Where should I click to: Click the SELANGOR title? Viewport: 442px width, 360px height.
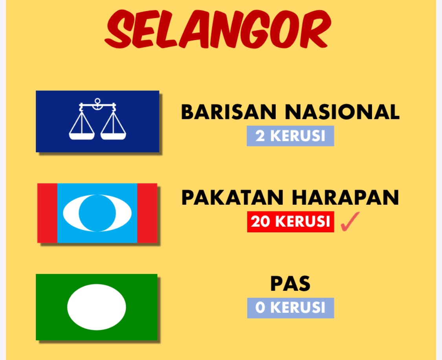pos(218,29)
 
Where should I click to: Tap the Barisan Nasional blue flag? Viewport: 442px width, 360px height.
pos(97,121)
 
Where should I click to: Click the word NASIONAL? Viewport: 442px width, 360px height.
pos(342,112)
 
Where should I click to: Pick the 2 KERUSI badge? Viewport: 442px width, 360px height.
pos(290,136)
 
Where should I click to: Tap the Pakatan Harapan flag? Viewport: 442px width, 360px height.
pos(97,213)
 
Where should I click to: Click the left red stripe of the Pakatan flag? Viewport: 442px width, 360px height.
pos(48,213)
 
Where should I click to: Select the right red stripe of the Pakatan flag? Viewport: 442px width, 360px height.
pos(147,213)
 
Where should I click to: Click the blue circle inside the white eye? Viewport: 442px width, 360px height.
pos(97,213)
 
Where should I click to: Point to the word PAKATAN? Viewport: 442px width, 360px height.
pos(233,198)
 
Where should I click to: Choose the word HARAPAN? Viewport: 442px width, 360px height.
pos(346,198)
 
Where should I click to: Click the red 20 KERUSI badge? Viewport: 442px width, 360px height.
pos(291,222)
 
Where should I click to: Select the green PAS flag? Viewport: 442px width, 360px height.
pos(97,307)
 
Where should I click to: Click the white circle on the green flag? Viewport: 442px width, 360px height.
pos(97,307)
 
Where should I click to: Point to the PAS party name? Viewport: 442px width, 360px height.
pos(290,284)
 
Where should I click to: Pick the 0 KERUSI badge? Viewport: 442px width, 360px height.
pos(291,308)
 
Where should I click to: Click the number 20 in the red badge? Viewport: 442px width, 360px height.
pos(261,222)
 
